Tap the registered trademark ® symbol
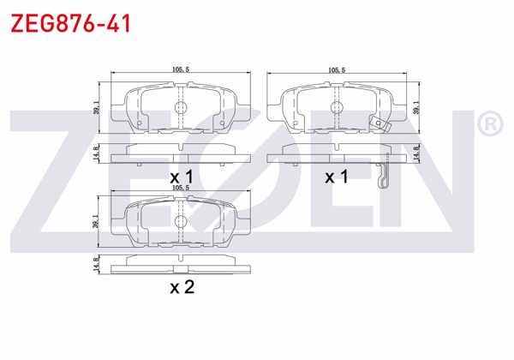tap(489, 126)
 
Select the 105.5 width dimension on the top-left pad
tap(180, 71)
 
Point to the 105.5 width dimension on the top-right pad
tap(337, 71)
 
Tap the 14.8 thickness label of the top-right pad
tap(417, 154)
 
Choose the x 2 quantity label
tap(182, 287)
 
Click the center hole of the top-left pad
tap(180, 107)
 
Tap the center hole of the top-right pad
tap(337, 107)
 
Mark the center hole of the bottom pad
tap(180, 220)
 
